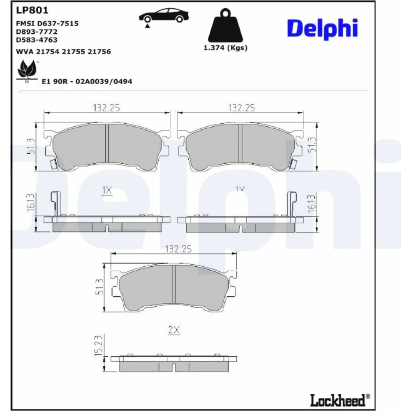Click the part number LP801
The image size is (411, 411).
point(32,10)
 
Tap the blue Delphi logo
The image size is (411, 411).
point(322,29)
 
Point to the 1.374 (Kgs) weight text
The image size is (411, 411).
point(225,48)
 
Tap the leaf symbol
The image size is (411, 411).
point(27,70)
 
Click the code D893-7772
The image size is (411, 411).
point(37,32)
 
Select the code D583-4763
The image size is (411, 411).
point(37,40)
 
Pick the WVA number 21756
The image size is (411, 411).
point(99,52)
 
